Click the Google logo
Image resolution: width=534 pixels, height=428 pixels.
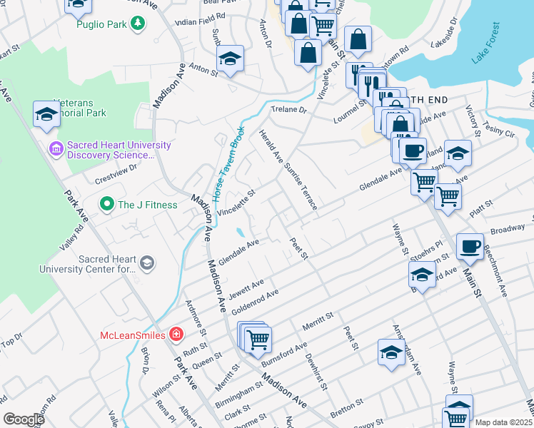pyautogui.click(x=24, y=419)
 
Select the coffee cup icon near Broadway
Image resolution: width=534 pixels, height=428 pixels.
pyautogui.click(x=469, y=246)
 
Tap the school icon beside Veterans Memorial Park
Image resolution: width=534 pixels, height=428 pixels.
pyautogui.click(x=46, y=113)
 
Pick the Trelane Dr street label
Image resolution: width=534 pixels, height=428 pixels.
pyautogui.click(x=288, y=111)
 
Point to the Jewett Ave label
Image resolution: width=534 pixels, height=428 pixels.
pyautogui.click(x=247, y=289)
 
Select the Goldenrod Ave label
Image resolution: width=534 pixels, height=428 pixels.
pyautogui.click(x=253, y=300)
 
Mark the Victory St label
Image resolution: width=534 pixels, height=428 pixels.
pyautogui.click(x=472, y=121)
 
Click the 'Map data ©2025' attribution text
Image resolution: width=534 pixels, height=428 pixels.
pyautogui.click(x=503, y=422)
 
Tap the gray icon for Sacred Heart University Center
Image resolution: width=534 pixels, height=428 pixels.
pyautogui.click(x=147, y=263)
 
